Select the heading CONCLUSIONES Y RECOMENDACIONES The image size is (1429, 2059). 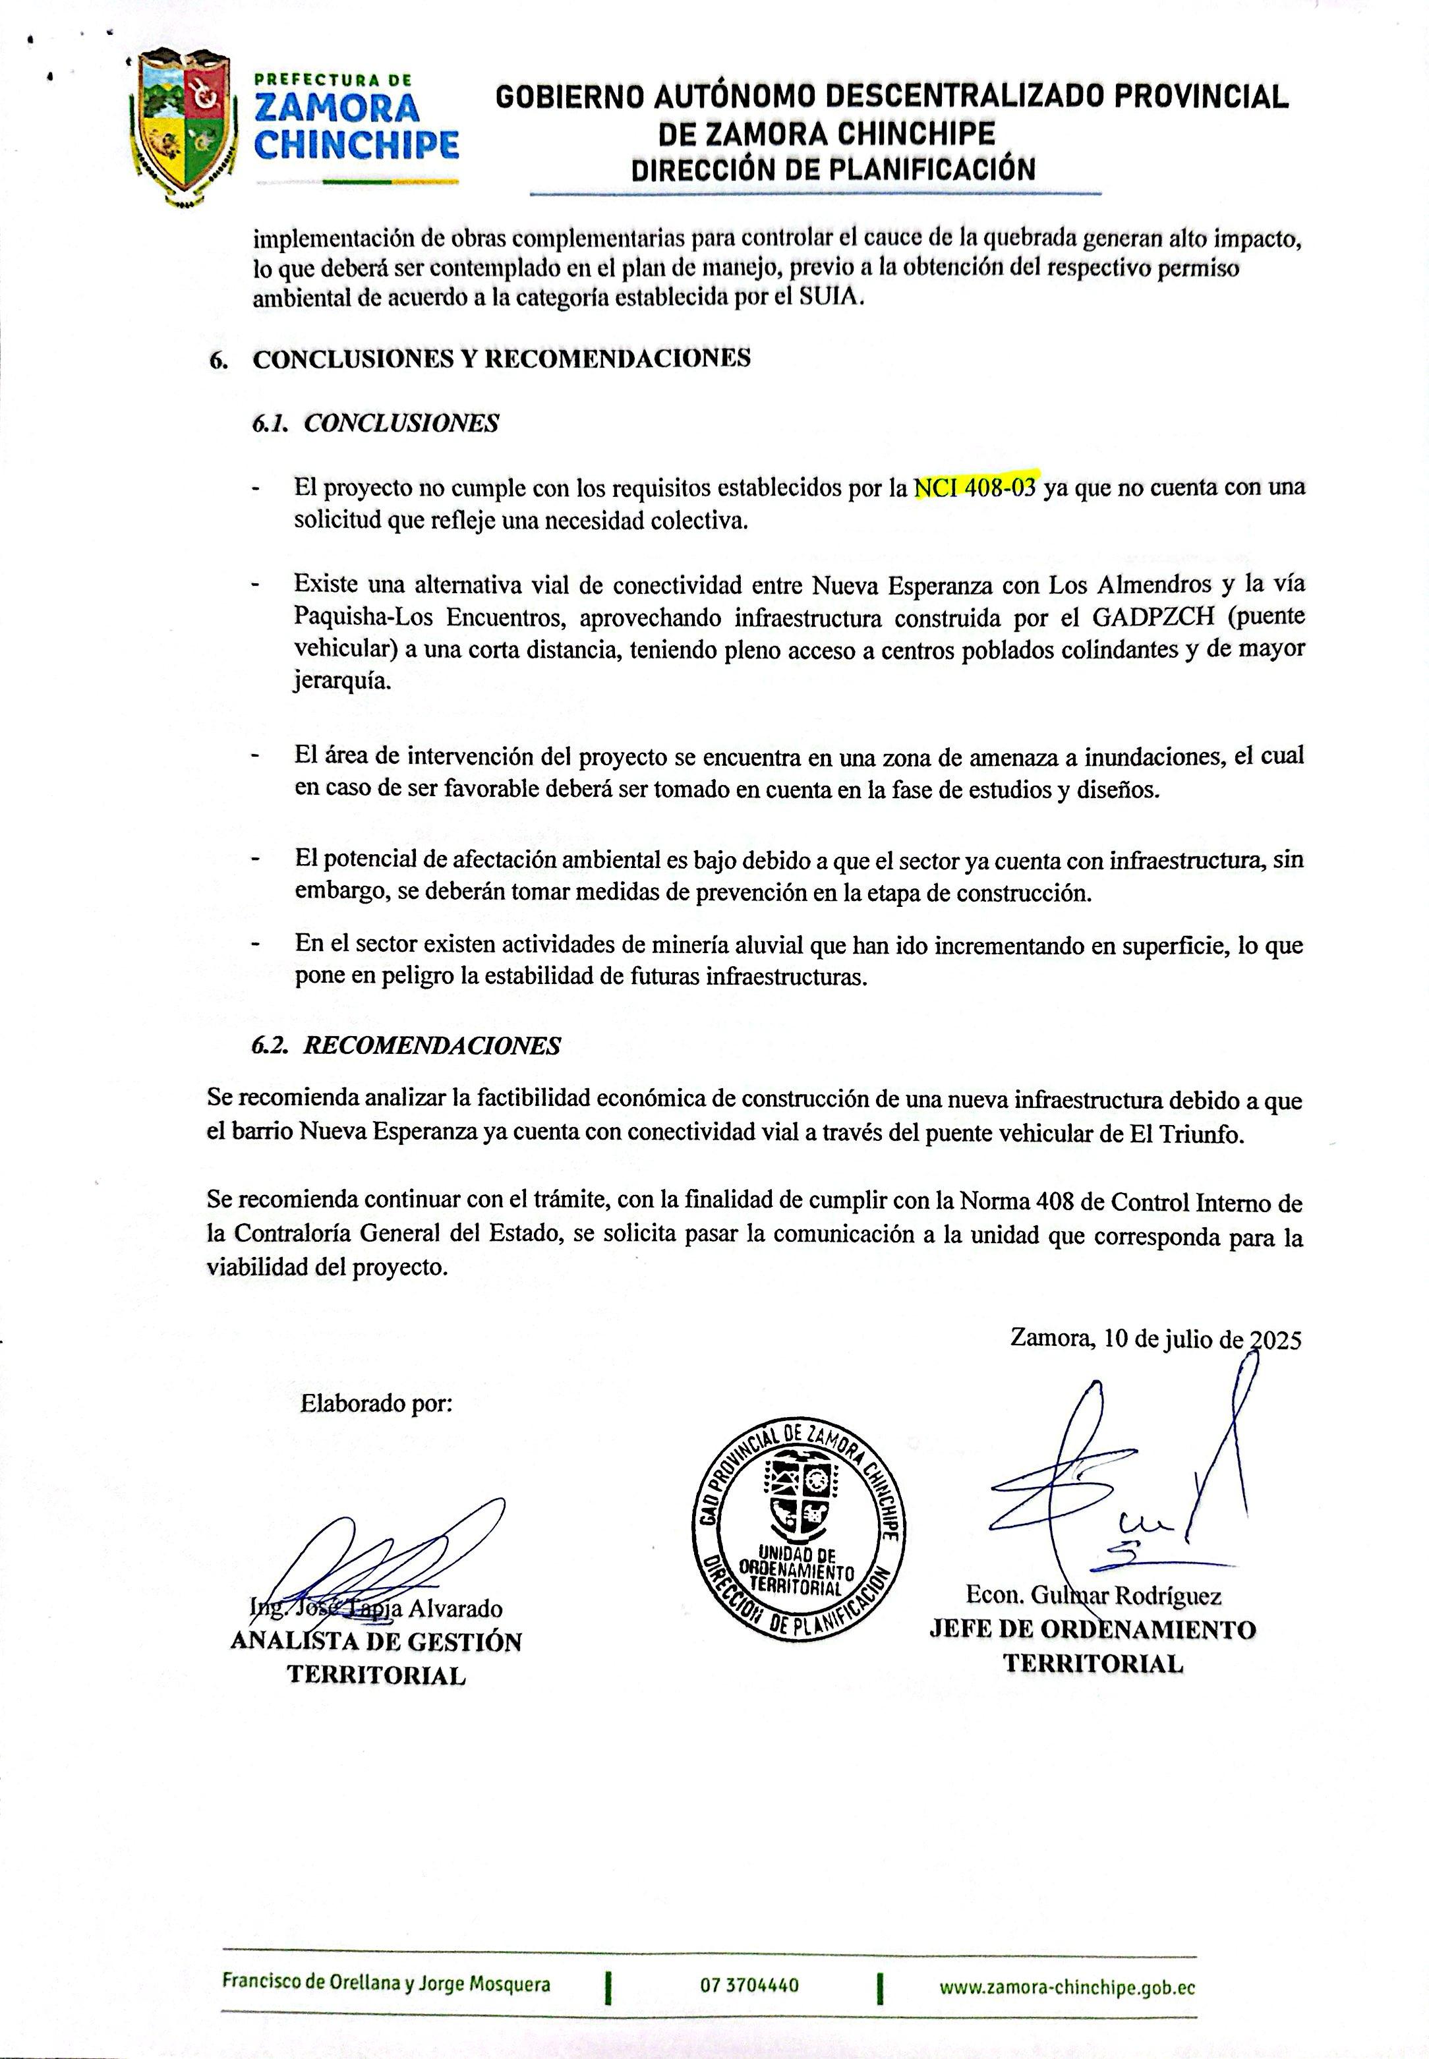click(x=502, y=359)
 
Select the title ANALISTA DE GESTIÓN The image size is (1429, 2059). click(x=376, y=1642)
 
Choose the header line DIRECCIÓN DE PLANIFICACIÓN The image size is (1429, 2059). click(x=832, y=169)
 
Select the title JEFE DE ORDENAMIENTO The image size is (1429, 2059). click(x=1092, y=1629)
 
